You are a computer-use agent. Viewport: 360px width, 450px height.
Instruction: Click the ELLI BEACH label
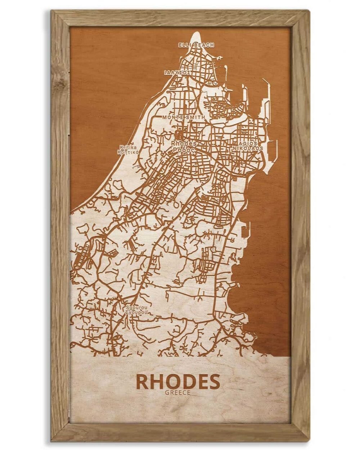tap(196, 45)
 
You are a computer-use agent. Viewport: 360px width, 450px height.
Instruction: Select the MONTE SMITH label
tap(184, 117)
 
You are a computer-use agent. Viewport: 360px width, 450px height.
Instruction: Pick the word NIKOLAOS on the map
tap(249, 148)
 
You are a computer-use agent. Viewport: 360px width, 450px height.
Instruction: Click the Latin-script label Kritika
tap(128, 147)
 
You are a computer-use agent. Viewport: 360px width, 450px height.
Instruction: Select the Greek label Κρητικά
tap(128, 152)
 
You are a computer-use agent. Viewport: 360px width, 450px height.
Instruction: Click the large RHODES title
tap(178, 382)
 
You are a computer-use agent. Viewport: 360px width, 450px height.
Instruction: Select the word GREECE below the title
tap(178, 393)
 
